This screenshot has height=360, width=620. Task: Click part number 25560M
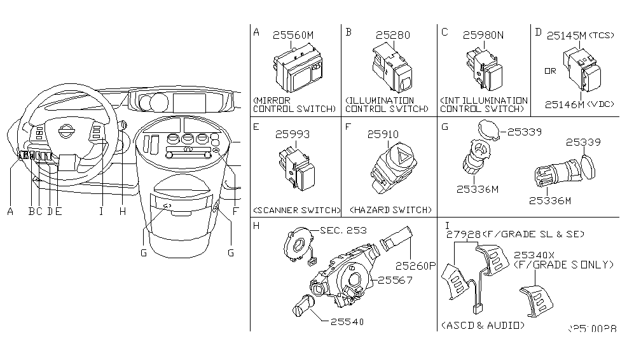(x=293, y=36)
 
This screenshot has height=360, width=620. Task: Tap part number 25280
(x=392, y=36)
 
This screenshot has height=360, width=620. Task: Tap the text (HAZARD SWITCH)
(x=389, y=210)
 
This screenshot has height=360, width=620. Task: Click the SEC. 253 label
(x=343, y=230)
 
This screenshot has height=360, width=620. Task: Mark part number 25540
(x=348, y=322)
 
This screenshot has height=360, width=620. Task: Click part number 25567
(x=397, y=280)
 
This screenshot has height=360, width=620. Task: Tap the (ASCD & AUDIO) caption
(x=483, y=325)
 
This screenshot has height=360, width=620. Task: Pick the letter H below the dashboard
(x=122, y=212)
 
